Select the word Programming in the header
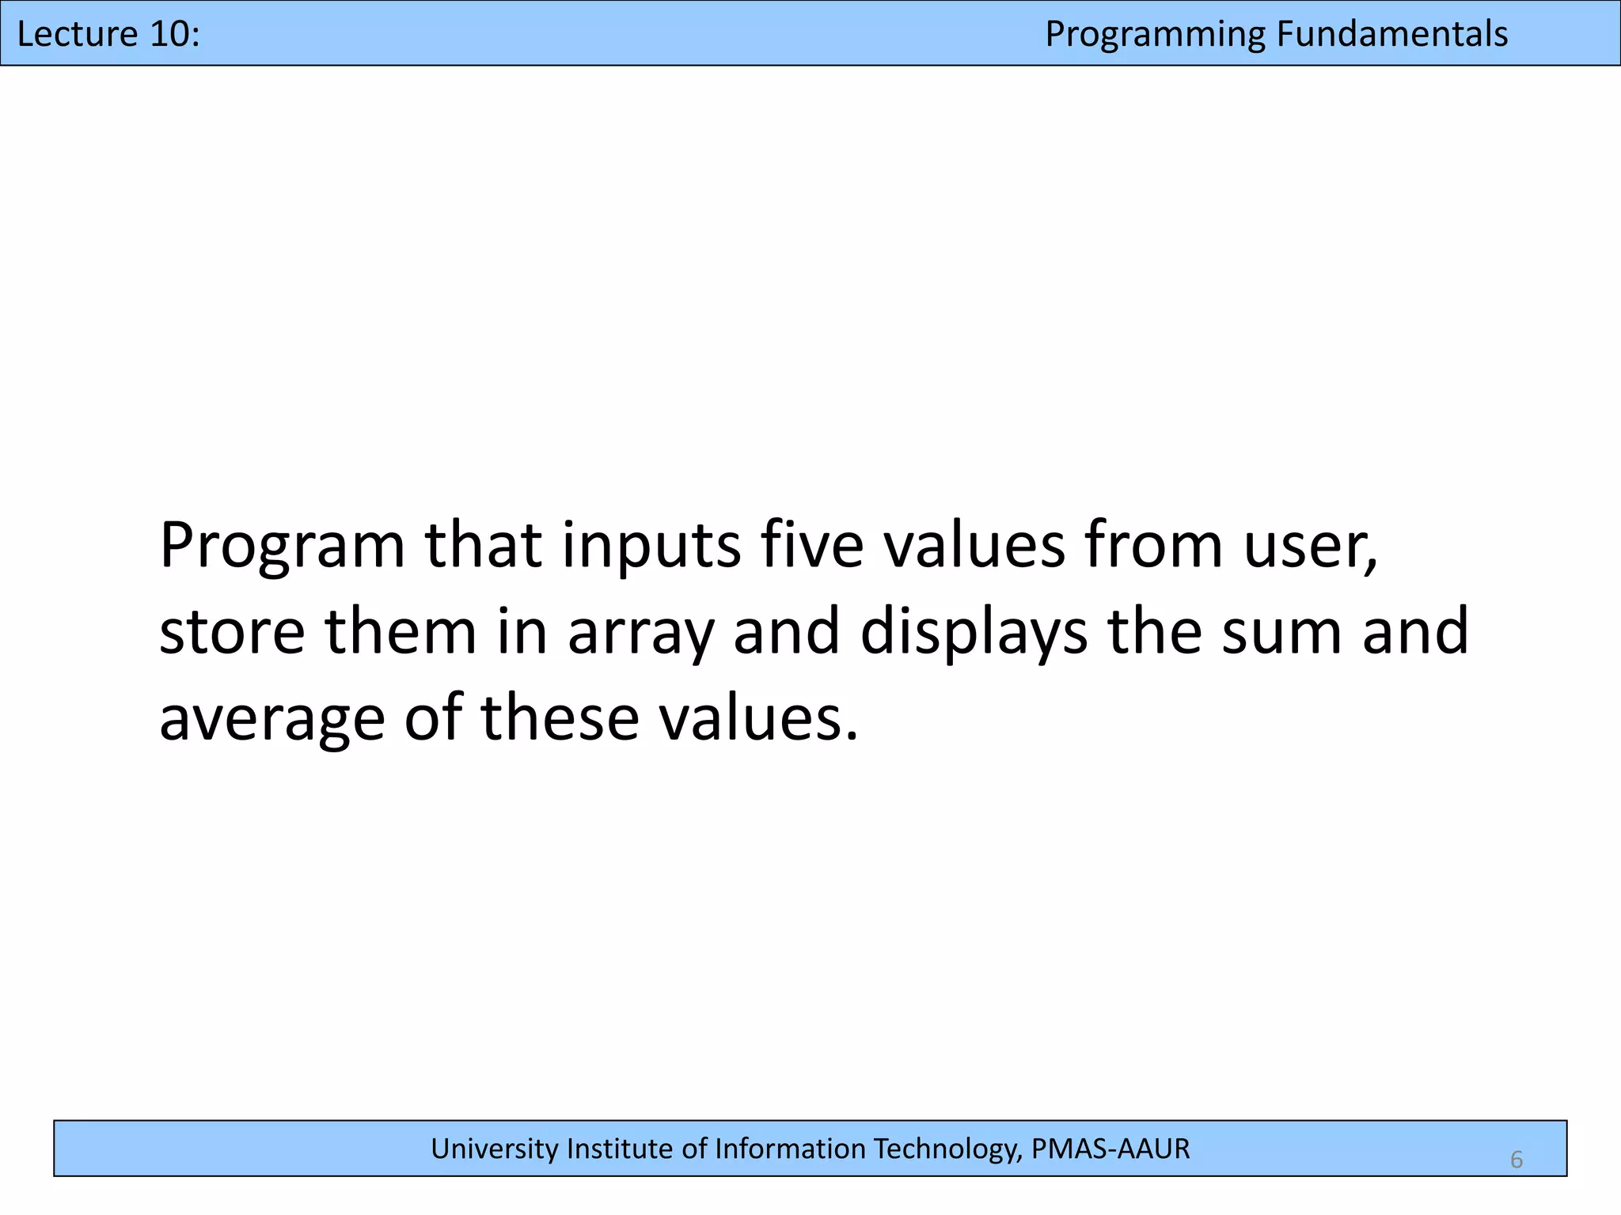tap(1155, 35)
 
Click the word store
tap(232, 633)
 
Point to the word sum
tap(1280, 633)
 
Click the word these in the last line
tap(560, 718)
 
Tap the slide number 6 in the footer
tap(1516, 1160)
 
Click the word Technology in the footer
tap(945, 1149)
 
